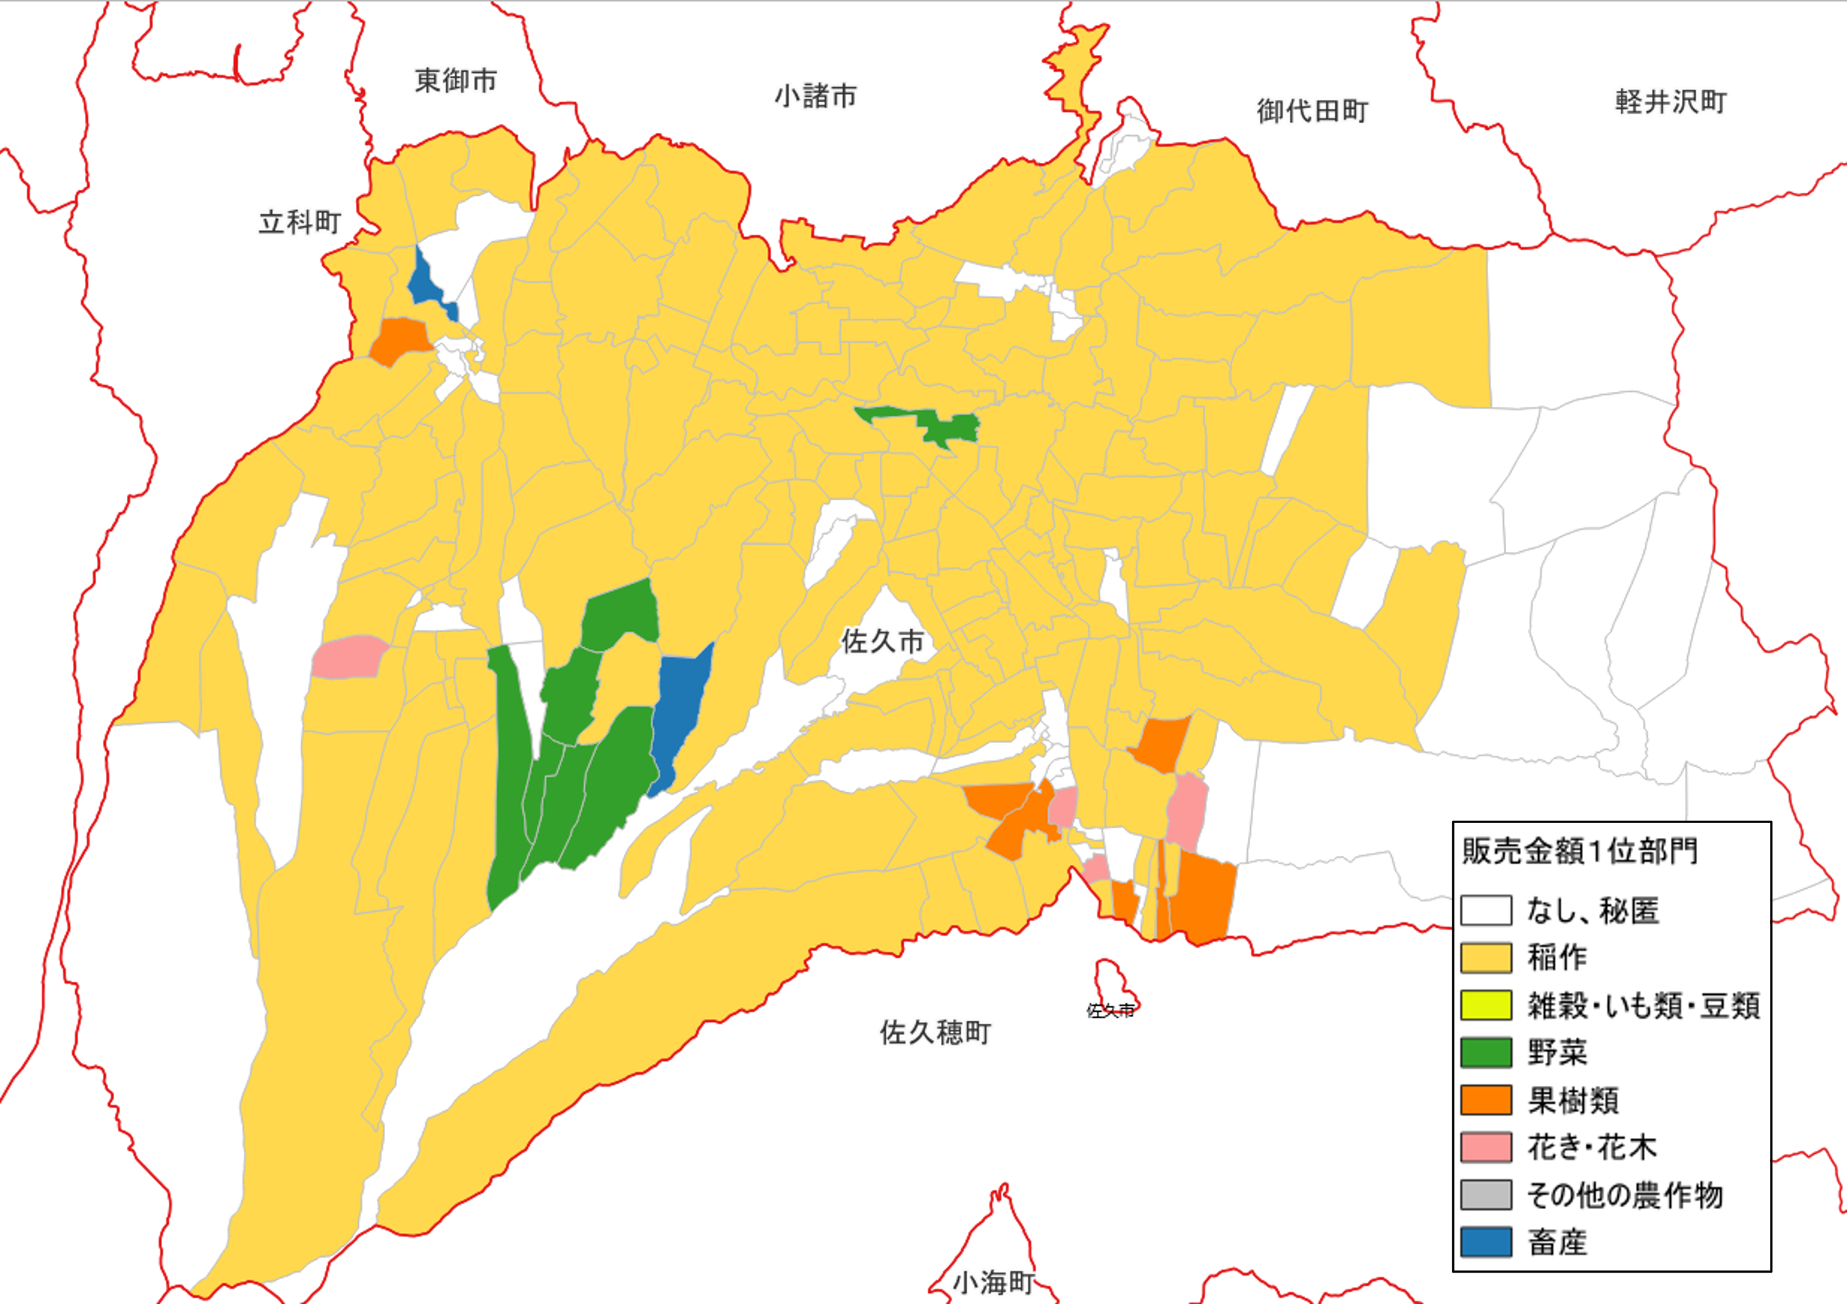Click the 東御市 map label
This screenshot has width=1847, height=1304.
coord(455,81)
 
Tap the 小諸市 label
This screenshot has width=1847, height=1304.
coord(815,96)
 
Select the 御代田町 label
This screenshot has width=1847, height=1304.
coord(1312,111)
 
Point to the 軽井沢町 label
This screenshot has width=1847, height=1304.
coord(1671,102)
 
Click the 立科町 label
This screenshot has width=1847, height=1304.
coord(299,221)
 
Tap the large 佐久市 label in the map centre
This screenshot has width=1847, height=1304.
coord(883,642)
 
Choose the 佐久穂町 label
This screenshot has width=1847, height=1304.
coord(935,1032)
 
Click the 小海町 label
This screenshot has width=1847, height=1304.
coord(993,1282)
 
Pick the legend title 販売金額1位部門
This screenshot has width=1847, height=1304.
coord(1580,851)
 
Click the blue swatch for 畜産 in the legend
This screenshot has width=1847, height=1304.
coord(1486,1241)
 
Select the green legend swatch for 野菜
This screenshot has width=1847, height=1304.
coord(1486,1052)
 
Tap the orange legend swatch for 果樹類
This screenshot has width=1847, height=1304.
coord(1486,1099)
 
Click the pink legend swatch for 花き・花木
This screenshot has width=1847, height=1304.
coord(1486,1147)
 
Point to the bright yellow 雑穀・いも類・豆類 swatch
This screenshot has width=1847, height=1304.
coord(1486,1005)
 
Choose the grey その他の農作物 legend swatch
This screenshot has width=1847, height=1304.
coord(1486,1194)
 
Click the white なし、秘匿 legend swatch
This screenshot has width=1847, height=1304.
coord(1486,910)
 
